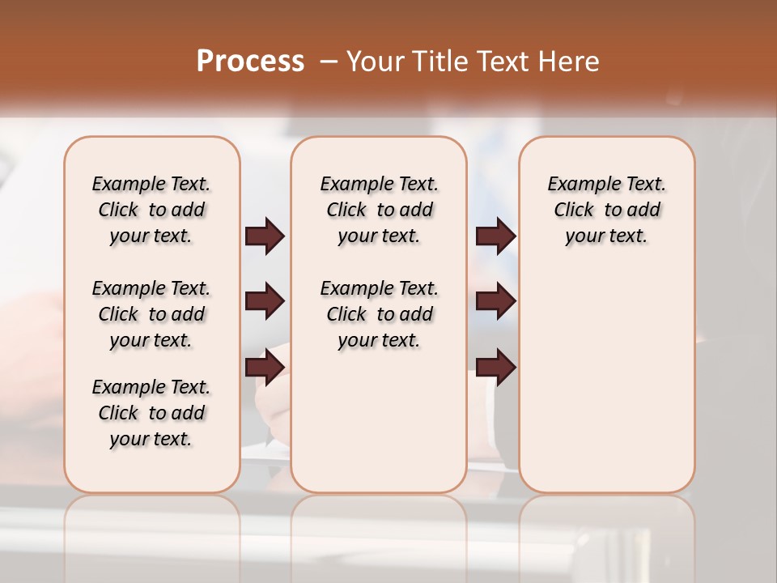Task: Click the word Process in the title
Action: tap(250, 62)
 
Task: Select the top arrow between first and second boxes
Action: tap(265, 236)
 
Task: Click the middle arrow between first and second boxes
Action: tap(265, 302)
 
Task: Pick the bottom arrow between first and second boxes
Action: tap(265, 368)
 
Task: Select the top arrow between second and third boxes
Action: tap(495, 236)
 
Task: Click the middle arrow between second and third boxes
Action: tap(495, 302)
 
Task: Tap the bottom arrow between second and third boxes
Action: tap(495, 368)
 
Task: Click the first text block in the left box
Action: tap(151, 210)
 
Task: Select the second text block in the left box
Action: tap(151, 314)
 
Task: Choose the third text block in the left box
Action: tap(151, 413)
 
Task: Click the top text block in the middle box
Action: tap(379, 210)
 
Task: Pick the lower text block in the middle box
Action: tap(379, 314)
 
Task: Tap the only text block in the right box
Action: tap(606, 210)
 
